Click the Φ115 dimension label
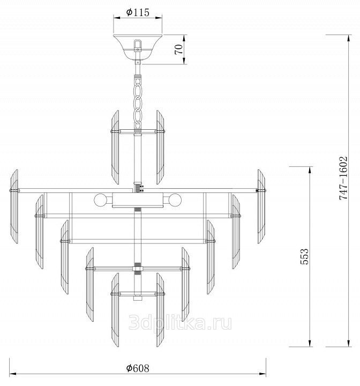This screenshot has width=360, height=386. point(138,12)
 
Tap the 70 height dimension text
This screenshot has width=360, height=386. point(179,49)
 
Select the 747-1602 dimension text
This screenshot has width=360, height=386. point(343,178)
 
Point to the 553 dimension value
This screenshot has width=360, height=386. point(304,256)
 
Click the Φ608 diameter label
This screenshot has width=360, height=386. point(138,368)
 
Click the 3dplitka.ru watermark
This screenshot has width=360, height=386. point(180,323)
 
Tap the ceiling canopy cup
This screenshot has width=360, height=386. point(138,47)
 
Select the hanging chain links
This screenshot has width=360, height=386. point(138,103)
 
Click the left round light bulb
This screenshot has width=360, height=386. point(100,200)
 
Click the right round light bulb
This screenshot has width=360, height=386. point(175,200)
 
